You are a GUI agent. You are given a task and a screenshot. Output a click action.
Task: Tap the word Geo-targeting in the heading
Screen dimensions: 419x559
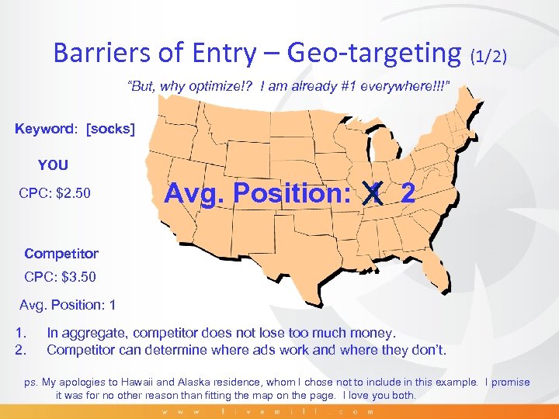(x=373, y=52)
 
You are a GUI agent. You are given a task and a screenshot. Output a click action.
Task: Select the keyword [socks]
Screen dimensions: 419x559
(x=111, y=128)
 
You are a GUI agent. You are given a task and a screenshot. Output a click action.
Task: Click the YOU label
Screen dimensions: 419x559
(x=54, y=165)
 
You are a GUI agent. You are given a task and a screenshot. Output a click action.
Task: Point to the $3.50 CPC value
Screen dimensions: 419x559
(x=80, y=275)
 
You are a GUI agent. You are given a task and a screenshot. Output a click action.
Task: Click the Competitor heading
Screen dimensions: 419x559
(x=61, y=253)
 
